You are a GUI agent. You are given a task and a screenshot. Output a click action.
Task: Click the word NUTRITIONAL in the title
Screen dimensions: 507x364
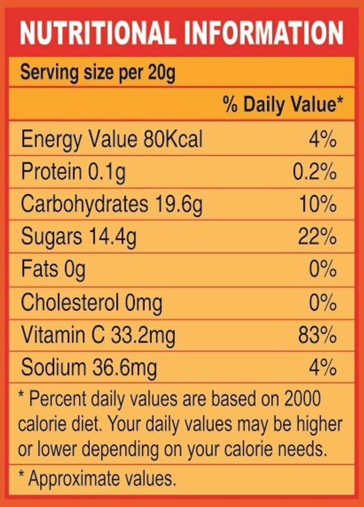(97, 33)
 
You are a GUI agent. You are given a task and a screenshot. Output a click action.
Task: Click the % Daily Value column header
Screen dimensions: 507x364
(283, 105)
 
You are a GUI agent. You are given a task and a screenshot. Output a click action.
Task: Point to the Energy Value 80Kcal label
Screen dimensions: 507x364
(111, 140)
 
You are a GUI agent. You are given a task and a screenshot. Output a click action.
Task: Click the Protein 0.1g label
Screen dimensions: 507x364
(73, 173)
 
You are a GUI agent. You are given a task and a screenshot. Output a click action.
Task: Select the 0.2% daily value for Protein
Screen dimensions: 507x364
(314, 173)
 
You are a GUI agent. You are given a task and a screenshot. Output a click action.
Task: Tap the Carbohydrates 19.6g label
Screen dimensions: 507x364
(111, 205)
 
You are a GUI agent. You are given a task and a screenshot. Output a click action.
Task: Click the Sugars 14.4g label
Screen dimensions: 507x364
(78, 237)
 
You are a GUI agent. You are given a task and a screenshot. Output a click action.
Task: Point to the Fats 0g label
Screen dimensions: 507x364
(53, 270)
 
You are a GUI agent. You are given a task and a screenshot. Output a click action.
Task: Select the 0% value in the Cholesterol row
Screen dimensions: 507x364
(322, 303)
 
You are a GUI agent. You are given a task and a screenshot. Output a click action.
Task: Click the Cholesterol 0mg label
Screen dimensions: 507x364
(91, 303)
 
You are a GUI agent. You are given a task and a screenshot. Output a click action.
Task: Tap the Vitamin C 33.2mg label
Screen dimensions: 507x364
(98, 335)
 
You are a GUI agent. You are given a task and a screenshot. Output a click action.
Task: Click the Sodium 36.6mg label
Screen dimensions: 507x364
(89, 368)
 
